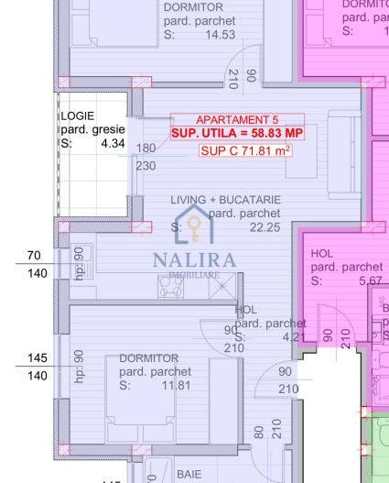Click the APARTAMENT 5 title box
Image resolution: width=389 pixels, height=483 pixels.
click(237, 119)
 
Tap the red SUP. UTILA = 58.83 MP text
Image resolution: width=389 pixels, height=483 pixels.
click(237, 134)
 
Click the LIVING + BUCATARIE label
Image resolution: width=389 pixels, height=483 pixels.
click(226, 200)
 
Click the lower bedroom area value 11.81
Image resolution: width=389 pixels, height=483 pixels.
click(174, 385)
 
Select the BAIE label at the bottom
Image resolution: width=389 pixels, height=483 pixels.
click(189, 474)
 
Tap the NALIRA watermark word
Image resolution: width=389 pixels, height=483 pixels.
click(194, 259)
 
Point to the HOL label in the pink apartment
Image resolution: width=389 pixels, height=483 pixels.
click(322, 254)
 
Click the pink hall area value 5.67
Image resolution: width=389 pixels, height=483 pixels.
click(372, 280)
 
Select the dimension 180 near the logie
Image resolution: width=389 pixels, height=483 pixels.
click(146, 148)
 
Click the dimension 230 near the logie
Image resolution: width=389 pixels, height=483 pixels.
click(146, 166)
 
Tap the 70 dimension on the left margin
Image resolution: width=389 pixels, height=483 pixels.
click(35, 255)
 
